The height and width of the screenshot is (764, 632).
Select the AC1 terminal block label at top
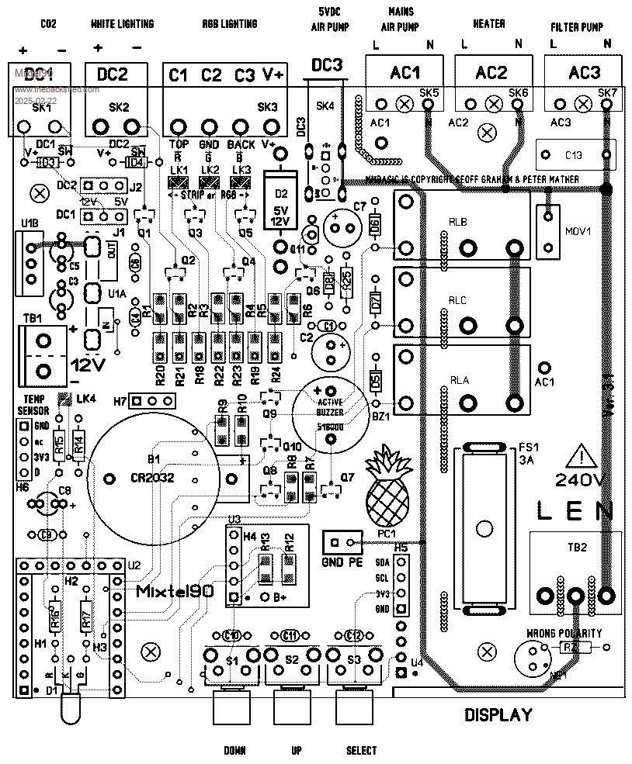pyautogui.click(x=405, y=73)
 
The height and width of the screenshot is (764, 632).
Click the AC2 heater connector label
pyautogui.click(x=491, y=73)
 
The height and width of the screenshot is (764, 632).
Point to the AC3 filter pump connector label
pyautogui.click(x=584, y=73)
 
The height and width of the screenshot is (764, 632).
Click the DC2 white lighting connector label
pyautogui.click(x=112, y=74)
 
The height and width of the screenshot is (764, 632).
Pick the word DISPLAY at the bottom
pyautogui.click(x=498, y=714)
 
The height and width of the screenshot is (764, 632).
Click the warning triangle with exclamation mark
pyautogui.click(x=581, y=457)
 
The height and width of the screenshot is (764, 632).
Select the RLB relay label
pyautogui.click(x=458, y=223)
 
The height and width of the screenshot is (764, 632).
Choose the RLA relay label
pyautogui.click(x=460, y=379)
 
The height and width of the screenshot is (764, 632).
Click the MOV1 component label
pyautogui.click(x=574, y=231)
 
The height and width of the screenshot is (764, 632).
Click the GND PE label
pyautogui.click(x=340, y=562)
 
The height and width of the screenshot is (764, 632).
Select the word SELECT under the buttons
pyautogui.click(x=361, y=750)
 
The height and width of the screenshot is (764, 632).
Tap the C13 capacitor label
pyautogui.click(x=573, y=155)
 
